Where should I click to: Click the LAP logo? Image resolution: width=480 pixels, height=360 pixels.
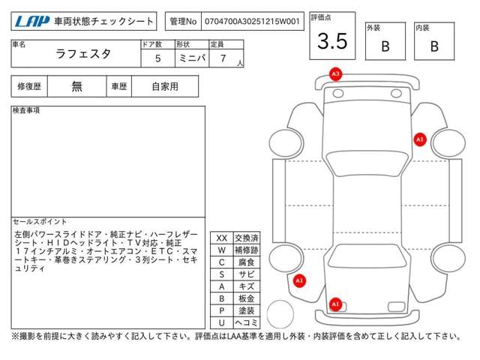pos(32,21)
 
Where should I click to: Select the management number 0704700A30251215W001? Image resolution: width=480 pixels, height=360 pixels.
pos(252,22)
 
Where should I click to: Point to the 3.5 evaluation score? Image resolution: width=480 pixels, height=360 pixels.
pos(332,41)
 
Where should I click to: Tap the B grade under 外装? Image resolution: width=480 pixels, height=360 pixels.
pos(385,46)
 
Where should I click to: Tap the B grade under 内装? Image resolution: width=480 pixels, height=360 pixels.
pos(434,46)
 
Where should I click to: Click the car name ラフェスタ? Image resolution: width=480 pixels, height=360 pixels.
pos(83,54)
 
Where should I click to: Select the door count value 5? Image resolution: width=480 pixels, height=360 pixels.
pos(158,58)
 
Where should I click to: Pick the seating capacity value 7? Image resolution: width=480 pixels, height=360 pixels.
pos(223,58)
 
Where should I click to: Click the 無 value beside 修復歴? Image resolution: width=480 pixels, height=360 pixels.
pos(76,86)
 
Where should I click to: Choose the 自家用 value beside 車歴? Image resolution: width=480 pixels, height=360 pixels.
pos(165,87)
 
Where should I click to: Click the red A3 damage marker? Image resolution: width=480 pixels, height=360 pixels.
pos(335,74)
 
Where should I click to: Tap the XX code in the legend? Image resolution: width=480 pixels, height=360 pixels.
pos(222,238)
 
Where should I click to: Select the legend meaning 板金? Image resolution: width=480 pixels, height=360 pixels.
pos(247,298)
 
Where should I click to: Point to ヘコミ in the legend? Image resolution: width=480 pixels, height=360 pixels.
pos(247,322)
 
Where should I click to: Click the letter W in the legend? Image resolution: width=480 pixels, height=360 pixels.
pos(222,250)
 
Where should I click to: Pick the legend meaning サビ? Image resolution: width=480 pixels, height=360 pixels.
pos(247,274)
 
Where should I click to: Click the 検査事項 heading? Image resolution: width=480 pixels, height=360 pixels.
pos(26,110)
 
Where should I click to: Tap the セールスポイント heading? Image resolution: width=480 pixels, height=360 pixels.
pos(40,222)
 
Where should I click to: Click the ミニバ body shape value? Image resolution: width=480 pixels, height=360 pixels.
pos(192,58)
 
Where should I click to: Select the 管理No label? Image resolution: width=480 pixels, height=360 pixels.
pos(183,22)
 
